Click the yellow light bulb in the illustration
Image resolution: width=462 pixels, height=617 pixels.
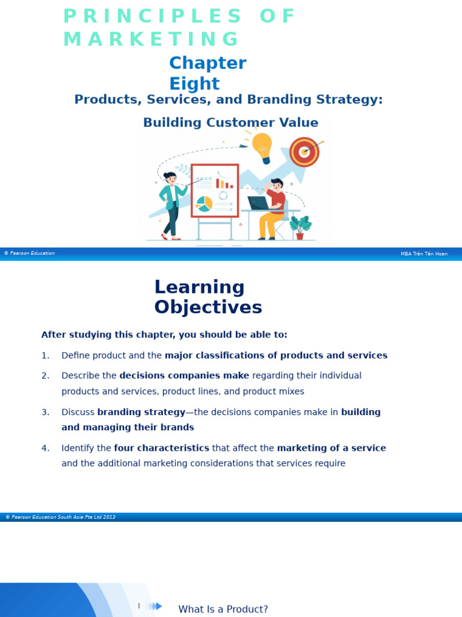click(x=262, y=146)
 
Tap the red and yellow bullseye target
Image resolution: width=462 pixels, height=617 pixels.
click(x=304, y=152)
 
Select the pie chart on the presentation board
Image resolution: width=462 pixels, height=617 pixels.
click(x=205, y=204)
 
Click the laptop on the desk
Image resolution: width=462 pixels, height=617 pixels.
click(x=258, y=203)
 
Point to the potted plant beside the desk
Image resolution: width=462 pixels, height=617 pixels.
click(x=300, y=227)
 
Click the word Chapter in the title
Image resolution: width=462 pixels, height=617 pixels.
click(x=208, y=63)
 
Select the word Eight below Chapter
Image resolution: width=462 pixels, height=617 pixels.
click(x=194, y=84)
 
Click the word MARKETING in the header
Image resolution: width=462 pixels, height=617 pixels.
click(x=151, y=39)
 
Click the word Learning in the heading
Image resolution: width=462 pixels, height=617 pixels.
click(x=199, y=287)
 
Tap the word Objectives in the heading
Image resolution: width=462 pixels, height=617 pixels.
click(x=208, y=307)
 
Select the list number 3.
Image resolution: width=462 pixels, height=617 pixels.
click(x=45, y=412)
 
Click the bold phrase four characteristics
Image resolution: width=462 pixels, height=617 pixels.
click(x=161, y=448)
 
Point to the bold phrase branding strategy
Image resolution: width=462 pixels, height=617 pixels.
click(x=141, y=412)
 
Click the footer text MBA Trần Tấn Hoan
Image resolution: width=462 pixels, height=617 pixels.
click(x=424, y=254)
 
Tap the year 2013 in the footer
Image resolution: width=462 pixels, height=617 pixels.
click(x=109, y=517)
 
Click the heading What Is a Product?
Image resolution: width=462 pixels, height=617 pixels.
click(x=223, y=609)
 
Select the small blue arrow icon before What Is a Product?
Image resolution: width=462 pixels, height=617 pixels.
click(x=155, y=606)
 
